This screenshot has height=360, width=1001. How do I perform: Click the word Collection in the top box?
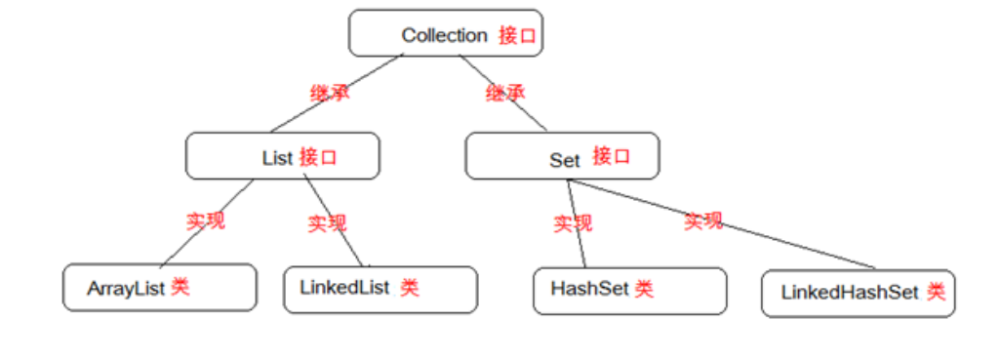tap(444, 35)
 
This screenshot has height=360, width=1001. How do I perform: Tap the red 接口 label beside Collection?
tap(517, 35)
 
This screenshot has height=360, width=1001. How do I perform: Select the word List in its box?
tap(277, 158)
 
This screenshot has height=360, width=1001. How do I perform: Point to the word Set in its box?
tap(565, 160)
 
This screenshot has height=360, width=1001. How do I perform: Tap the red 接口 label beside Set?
tap(612, 156)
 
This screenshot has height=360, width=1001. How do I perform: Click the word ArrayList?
tap(127, 289)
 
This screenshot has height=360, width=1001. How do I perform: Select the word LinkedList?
tap(345, 288)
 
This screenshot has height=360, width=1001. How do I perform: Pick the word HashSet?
tap(590, 289)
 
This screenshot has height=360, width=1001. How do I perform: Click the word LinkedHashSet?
tap(850, 292)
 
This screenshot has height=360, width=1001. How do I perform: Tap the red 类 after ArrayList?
tap(180, 288)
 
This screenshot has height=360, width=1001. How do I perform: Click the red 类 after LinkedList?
tap(410, 288)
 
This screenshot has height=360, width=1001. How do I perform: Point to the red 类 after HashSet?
tap(644, 289)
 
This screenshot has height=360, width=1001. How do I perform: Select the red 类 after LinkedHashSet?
tap(936, 292)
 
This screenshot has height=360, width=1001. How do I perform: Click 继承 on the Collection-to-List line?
tap(330, 94)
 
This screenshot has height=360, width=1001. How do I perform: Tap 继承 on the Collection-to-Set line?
tap(505, 94)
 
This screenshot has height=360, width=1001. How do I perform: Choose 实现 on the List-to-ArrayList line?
tap(206, 220)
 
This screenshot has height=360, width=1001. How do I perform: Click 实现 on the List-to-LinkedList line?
tap(327, 223)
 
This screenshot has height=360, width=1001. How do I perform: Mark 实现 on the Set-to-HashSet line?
tap(573, 223)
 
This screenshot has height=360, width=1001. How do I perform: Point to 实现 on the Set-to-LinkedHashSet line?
tap(702, 220)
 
